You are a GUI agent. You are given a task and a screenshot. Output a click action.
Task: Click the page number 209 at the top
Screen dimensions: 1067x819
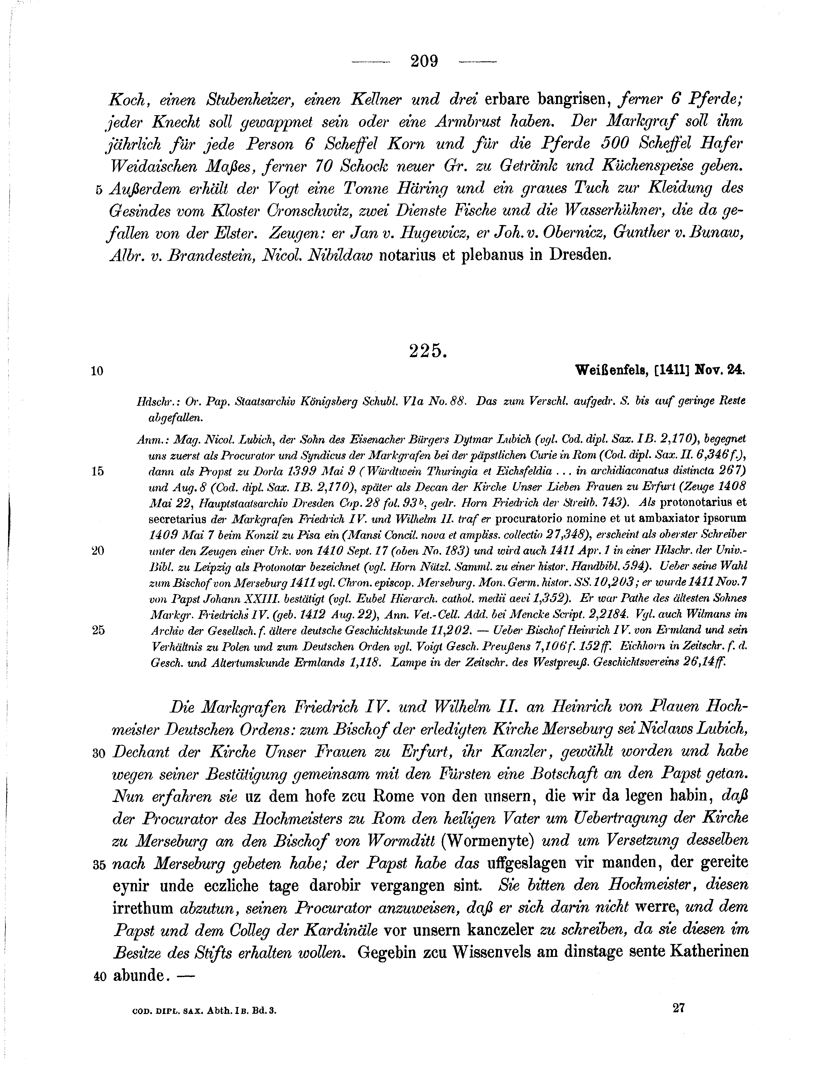(424, 61)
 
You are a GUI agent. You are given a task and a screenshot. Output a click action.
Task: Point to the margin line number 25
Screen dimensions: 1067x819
(98, 630)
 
